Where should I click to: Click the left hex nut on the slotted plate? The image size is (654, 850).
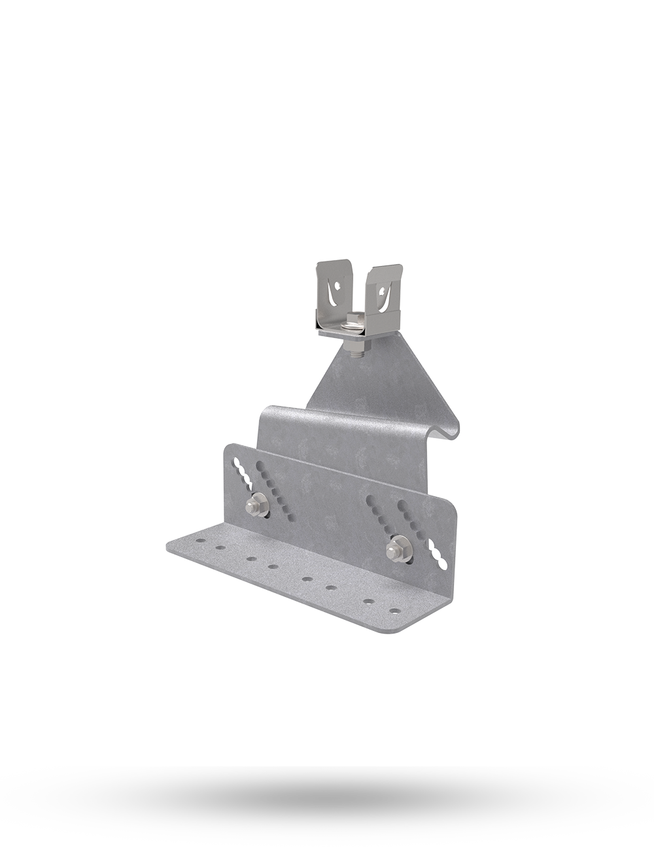(253, 505)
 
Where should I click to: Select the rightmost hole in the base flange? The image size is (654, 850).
(394, 611)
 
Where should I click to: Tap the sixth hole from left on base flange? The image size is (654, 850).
(332, 588)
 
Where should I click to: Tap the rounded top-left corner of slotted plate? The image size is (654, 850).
(229, 448)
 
